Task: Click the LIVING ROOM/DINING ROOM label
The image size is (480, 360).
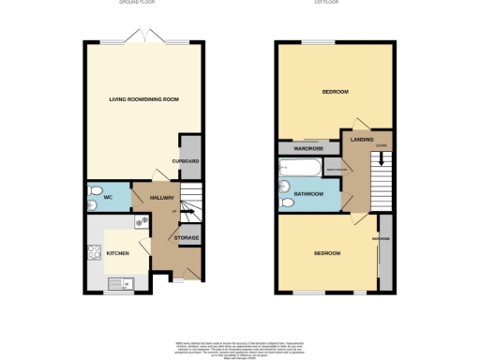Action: tap(143, 99)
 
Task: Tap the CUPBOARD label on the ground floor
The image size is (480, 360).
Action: tap(185, 161)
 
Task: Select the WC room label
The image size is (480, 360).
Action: tap(109, 197)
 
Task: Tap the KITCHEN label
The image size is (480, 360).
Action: tap(117, 253)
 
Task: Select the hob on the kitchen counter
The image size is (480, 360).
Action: tap(93, 252)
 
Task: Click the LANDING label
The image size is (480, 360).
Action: tap(362, 140)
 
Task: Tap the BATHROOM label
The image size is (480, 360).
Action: tap(308, 194)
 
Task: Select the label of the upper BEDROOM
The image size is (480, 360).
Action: tap(335, 91)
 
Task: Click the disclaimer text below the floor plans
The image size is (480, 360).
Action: tap(239, 347)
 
